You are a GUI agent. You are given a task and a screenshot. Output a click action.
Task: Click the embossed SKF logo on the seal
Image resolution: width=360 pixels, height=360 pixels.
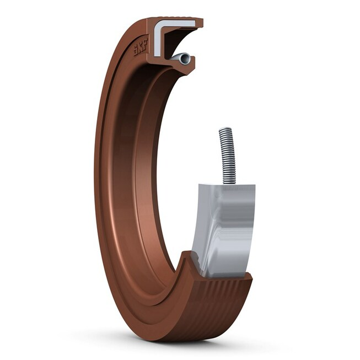tap(141, 47)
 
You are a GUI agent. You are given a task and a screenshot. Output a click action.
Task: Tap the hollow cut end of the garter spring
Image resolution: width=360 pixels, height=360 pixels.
tap(185, 59)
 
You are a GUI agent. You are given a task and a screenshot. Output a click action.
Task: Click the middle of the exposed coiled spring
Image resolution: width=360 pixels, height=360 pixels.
tap(227, 155)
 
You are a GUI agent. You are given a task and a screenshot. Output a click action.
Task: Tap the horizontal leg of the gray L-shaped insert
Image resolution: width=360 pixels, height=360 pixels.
tap(177, 23)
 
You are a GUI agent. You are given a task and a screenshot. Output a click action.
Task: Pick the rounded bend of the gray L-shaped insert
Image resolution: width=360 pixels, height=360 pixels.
tap(157, 25)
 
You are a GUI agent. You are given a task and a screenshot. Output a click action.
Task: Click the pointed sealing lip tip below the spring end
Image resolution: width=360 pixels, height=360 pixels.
tap(187, 73)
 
